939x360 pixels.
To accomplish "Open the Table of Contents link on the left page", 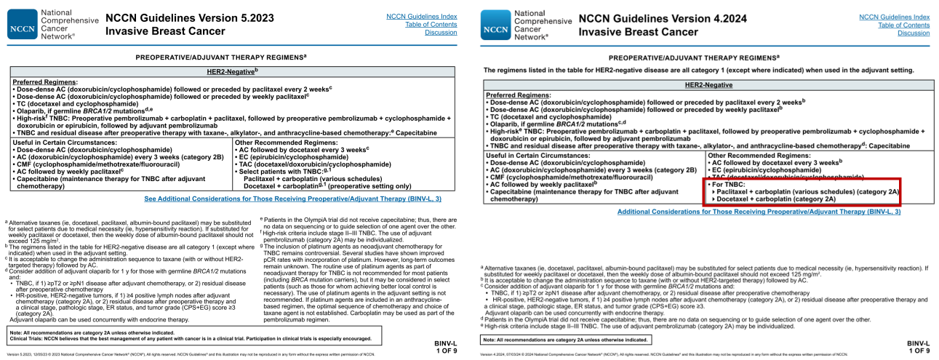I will pos(436,25).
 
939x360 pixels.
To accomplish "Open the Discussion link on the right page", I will pos(914,33).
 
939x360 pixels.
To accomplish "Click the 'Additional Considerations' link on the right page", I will pos(759,212).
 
